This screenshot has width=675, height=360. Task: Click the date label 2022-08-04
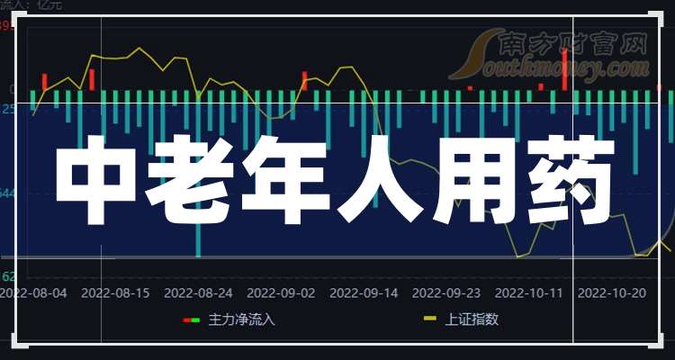click(x=33, y=292)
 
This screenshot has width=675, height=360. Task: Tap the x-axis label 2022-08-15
click(x=115, y=292)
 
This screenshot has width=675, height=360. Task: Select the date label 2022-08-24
click(x=198, y=292)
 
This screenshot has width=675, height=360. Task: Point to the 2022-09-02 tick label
click(x=281, y=292)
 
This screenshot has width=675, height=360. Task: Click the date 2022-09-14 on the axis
click(x=364, y=292)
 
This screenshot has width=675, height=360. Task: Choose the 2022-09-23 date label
click(x=446, y=292)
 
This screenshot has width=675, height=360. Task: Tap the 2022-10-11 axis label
click(x=529, y=292)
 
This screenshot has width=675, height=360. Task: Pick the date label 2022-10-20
click(x=612, y=292)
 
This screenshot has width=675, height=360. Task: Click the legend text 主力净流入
click(x=242, y=319)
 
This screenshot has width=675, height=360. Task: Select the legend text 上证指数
click(x=472, y=319)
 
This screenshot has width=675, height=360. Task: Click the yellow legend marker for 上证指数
click(x=430, y=319)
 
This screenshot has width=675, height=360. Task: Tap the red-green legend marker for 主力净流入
click(x=192, y=319)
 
